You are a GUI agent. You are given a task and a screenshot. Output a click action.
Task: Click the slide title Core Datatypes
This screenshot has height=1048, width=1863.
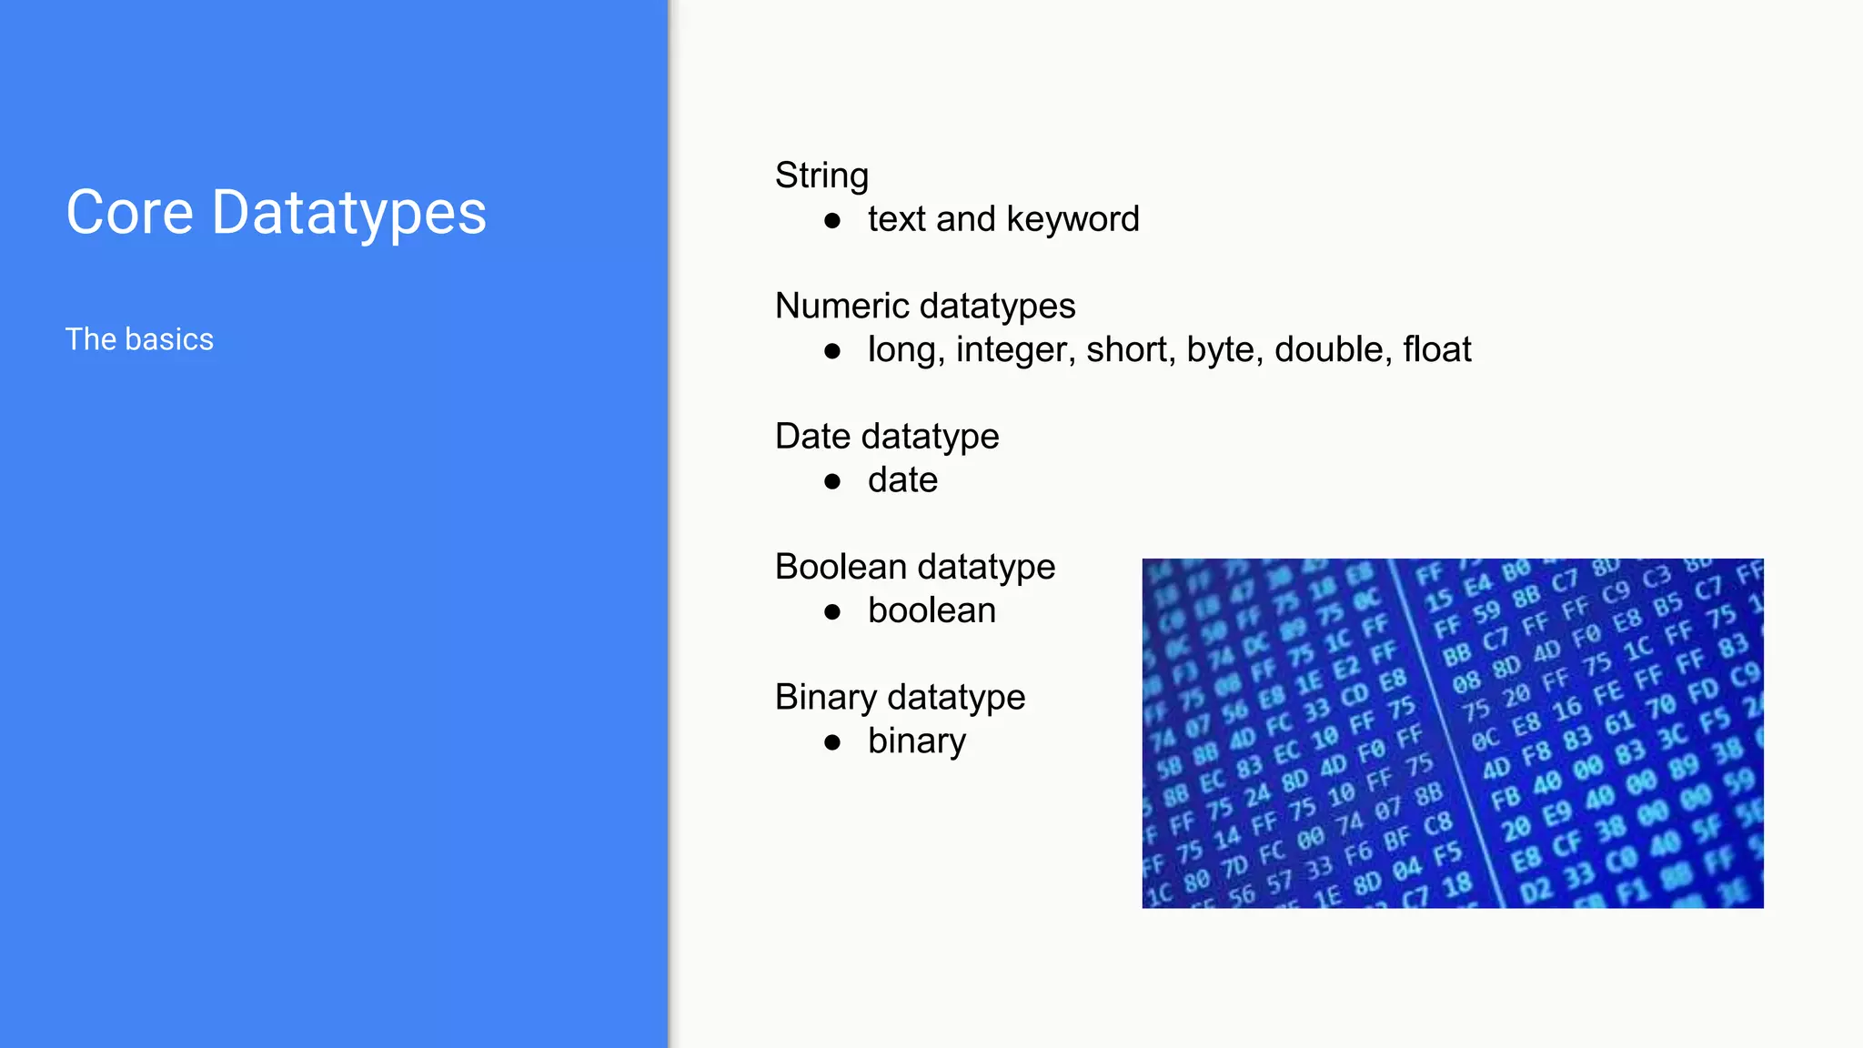[x=276, y=213]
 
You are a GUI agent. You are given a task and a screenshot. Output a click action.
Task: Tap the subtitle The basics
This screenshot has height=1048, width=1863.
[x=139, y=339]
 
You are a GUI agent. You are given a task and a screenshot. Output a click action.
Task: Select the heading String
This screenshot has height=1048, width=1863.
[x=821, y=176]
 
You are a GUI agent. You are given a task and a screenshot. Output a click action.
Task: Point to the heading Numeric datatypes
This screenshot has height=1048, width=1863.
[x=924, y=306]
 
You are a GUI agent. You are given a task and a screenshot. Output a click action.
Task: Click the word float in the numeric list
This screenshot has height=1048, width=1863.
[x=1436, y=349]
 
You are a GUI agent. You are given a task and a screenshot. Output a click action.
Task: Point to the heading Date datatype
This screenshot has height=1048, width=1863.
[x=887, y=437]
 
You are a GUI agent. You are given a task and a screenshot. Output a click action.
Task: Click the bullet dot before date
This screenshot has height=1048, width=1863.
[x=831, y=481]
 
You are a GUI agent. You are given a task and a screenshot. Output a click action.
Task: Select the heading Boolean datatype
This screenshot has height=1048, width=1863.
[x=914, y=567]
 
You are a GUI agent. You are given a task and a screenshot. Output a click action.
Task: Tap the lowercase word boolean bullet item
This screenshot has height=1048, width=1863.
[x=931, y=610]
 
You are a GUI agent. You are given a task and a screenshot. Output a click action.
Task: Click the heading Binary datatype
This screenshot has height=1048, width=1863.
[x=900, y=698]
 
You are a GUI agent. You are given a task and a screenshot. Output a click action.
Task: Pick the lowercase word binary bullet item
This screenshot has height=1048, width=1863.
[x=916, y=741]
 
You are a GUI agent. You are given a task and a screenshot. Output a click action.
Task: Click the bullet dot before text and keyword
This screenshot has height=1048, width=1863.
[x=831, y=220]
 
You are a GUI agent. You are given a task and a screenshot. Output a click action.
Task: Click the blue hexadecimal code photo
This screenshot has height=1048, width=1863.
[x=1452, y=733]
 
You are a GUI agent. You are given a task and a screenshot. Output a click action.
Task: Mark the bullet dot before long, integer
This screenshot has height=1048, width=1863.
[x=831, y=351]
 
